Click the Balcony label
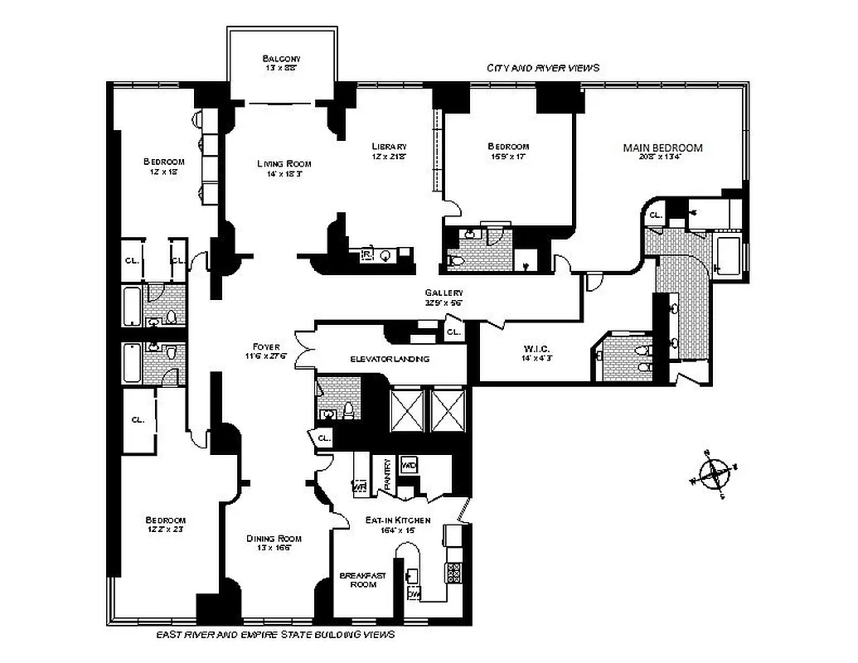(281, 59)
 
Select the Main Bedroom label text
(662, 148)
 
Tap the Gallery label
(444, 293)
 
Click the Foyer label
(267, 346)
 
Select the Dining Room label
(274, 539)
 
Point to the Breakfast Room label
(363, 579)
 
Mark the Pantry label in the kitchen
(386, 474)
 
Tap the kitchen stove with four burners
(453, 571)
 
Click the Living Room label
(284, 163)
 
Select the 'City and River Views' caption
(543, 68)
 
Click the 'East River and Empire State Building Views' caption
(275, 635)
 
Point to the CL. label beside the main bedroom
(655, 215)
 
